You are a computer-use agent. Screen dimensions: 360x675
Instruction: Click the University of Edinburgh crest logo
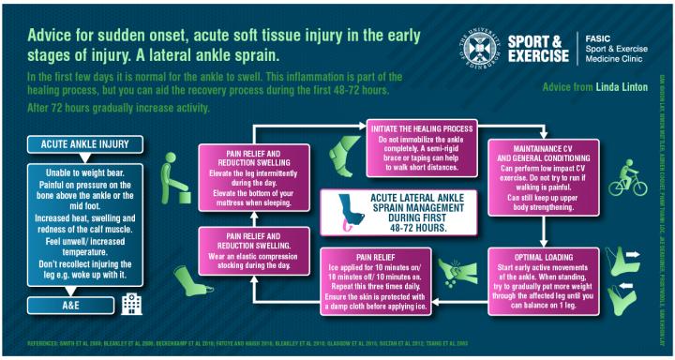tap(475, 42)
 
